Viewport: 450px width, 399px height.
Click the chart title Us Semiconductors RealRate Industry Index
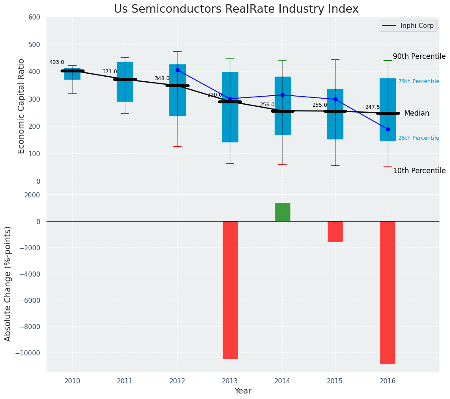(236, 9)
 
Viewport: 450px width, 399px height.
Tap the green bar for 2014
(282, 212)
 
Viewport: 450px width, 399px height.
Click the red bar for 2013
(230, 290)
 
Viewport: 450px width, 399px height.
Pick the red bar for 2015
(335, 231)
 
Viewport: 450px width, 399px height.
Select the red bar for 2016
(387, 292)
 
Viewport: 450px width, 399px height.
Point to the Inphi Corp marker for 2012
(177, 70)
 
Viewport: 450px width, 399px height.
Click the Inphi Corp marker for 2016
(388, 129)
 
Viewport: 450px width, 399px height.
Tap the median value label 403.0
(57, 62)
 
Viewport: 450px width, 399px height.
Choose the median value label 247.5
(373, 108)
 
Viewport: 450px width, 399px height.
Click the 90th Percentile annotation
(419, 56)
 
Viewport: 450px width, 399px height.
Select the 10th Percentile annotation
(419, 171)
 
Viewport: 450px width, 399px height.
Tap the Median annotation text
(417, 113)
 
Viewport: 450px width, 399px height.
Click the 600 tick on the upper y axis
(34, 17)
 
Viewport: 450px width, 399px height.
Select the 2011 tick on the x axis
(125, 381)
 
